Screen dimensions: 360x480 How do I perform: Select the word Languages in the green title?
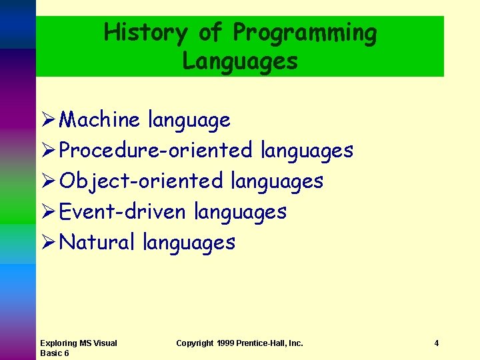pyautogui.click(x=240, y=61)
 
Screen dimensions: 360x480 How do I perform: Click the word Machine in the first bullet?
pyautogui.click(x=100, y=120)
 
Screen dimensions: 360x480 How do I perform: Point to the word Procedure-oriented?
pyautogui.click(x=156, y=151)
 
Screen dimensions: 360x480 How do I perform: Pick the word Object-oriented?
pyautogui.click(x=141, y=181)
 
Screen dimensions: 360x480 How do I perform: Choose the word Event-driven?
pyautogui.click(x=123, y=212)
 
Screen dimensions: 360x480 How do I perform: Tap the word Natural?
pyautogui.click(x=97, y=242)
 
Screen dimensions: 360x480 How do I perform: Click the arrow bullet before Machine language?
pyautogui.click(x=47, y=120)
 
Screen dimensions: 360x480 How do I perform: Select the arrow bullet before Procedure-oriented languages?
pyautogui.click(x=47, y=151)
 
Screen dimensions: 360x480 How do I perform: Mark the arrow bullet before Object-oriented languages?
pyautogui.click(x=47, y=181)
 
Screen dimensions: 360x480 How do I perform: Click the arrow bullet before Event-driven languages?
pyautogui.click(x=47, y=212)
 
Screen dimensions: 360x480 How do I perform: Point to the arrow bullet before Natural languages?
pyautogui.click(x=47, y=242)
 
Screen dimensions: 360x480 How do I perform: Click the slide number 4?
pyautogui.click(x=436, y=343)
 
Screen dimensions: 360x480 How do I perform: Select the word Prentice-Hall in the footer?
pyautogui.click(x=270, y=343)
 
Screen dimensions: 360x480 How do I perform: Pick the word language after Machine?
pyautogui.click(x=189, y=121)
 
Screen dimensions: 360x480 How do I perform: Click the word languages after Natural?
pyautogui.click(x=189, y=243)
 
